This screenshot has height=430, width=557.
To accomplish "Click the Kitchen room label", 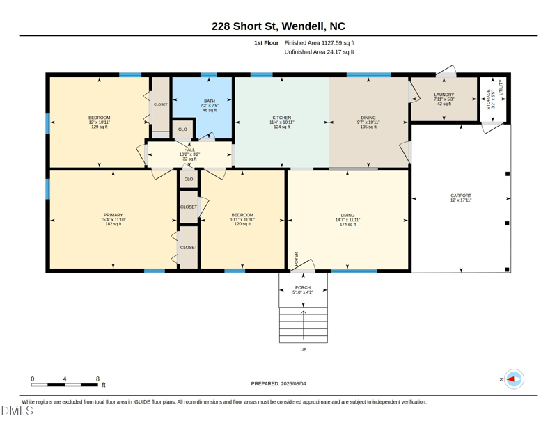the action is click(282, 118).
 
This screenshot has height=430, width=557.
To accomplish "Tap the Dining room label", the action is click(368, 118).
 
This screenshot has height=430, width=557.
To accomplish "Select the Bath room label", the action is click(210, 101).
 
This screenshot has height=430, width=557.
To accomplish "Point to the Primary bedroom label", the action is click(113, 215).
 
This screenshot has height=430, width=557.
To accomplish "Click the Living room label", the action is click(347, 215).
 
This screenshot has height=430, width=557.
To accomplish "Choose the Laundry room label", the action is click(444, 95).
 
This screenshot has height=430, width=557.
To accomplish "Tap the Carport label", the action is click(461, 196).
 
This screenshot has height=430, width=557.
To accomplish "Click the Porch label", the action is click(303, 287).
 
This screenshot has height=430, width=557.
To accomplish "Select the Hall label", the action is click(189, 150).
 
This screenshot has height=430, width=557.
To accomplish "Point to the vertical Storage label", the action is click(489, 99).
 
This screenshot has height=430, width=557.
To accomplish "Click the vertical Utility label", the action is click(501, 88).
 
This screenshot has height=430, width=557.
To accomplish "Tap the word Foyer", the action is click(297, 259).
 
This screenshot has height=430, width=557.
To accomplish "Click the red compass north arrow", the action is click(510, 379).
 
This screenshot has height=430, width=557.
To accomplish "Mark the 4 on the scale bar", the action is click(64, 379).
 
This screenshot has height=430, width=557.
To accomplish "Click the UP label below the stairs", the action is click(304, 349).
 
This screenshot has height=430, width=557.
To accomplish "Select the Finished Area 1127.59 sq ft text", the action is click(320, 42).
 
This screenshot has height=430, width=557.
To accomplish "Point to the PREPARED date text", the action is click(278, 383).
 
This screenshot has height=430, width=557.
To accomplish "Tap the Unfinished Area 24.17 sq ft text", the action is click(319, 52).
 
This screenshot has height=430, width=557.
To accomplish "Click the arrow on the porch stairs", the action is click(304, 325).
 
